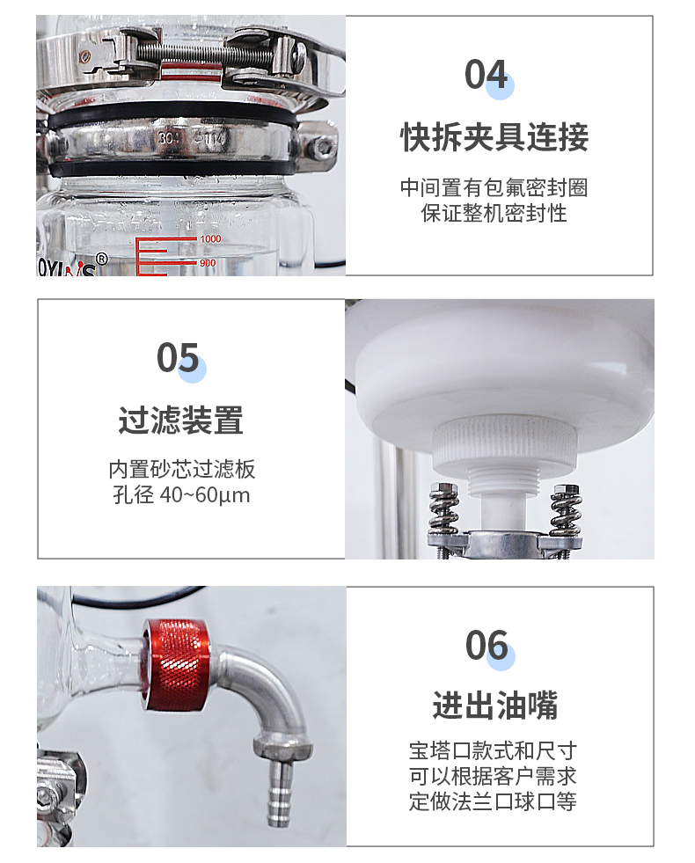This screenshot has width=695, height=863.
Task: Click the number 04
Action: (486, 75)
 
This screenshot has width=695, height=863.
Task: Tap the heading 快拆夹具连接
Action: (494, 137)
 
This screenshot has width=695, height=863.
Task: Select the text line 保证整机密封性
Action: (494, 213)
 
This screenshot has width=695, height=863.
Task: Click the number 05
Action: (178, 358)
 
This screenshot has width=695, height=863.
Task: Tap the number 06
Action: (486, 647)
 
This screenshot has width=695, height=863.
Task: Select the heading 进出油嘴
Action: (494, 706)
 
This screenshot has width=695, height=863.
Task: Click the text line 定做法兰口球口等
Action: (494, 801)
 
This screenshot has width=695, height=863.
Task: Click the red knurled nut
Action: (178, 662)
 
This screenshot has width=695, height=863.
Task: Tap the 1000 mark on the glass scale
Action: (210, 239)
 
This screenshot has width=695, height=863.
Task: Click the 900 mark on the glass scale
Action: (208, 263)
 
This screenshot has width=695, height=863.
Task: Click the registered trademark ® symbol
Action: (101, 259)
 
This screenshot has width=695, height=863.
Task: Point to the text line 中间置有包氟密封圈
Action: (494, 187)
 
